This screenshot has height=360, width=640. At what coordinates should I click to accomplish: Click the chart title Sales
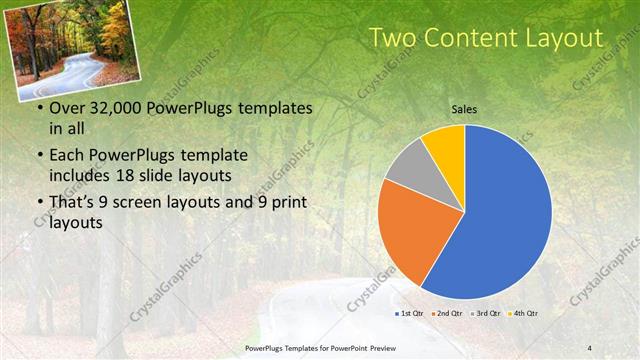(464, 108)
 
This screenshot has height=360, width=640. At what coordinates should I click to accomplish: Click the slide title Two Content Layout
(486, 38)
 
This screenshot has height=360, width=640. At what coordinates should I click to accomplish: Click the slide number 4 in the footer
(590, 347)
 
